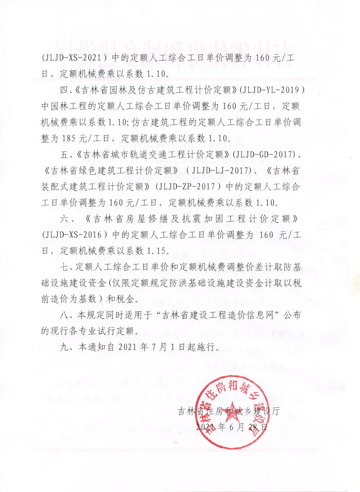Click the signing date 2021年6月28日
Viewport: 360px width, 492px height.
[232, 426]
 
